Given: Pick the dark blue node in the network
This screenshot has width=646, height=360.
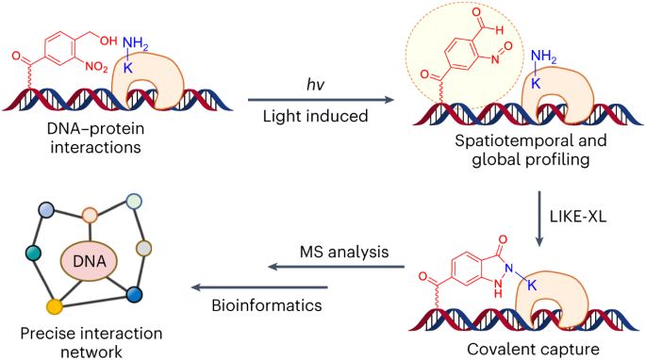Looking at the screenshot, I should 134,295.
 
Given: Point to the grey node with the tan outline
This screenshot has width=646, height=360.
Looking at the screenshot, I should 144,248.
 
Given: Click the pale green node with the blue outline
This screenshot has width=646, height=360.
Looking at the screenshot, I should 133,201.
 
